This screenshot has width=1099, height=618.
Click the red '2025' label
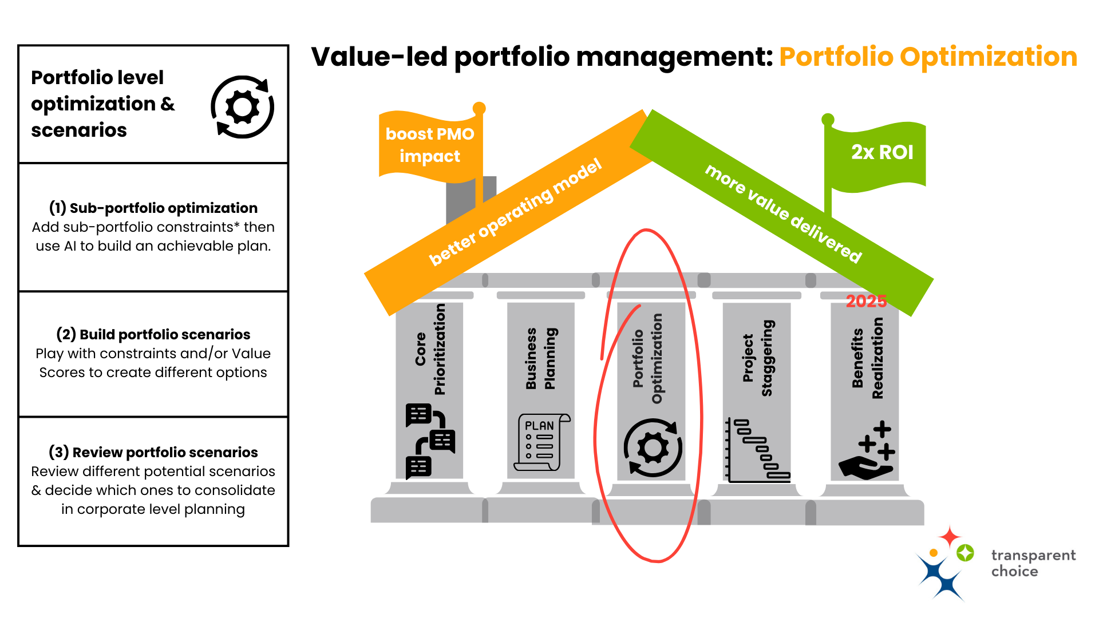866,301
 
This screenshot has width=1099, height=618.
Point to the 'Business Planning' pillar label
540,359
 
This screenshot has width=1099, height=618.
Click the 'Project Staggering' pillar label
757,358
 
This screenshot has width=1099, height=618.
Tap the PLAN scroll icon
541,442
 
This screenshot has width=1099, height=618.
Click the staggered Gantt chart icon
757,450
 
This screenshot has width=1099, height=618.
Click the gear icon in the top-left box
243,107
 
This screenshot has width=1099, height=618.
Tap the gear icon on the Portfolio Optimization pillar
653,447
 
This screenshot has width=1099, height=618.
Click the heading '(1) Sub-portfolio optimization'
153,208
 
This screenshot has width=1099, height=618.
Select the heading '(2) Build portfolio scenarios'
153,334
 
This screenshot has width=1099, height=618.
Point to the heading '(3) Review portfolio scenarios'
153,452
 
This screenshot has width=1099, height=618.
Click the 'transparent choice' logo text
1033,563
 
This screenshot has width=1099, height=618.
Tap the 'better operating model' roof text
515,212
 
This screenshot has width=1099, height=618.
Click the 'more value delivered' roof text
783,213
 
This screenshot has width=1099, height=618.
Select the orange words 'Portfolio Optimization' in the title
928,57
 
